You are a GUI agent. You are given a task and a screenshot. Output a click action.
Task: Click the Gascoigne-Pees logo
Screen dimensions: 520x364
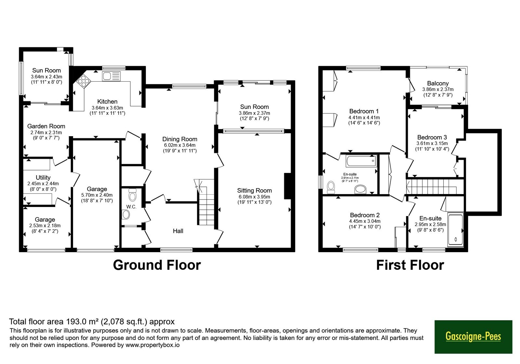coord(473,337)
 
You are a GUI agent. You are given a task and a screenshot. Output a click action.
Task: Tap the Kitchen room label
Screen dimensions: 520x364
coord(107,101)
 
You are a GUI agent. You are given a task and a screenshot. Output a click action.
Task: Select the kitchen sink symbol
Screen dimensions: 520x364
coord(111,76)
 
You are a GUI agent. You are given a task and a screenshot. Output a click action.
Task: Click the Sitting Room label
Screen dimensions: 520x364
coord(254,190)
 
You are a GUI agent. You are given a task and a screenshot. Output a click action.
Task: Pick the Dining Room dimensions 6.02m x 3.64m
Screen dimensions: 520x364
coord(180,145)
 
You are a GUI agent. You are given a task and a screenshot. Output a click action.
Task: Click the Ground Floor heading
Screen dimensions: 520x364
coord(157,265)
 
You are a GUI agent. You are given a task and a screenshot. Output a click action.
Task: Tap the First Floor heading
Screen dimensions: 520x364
coord(410,265)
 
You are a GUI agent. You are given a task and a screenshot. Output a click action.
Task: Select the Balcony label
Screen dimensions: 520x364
coord(438,83)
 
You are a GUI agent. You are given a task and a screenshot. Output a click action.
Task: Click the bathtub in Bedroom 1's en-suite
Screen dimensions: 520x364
coord(361,161)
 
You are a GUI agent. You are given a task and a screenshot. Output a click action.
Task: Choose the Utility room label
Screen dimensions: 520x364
coord(43,177)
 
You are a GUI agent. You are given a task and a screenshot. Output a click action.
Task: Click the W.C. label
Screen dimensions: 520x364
coord(131,207)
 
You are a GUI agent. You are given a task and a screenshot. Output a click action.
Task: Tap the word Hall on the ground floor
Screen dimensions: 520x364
coord(178,231)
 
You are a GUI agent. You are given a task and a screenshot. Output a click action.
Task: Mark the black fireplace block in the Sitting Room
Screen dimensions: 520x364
coord(288,186)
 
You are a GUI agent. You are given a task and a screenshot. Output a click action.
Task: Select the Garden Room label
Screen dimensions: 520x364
coord(46,126)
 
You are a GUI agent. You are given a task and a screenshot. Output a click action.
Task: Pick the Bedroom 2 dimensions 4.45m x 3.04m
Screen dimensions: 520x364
coord(365,221)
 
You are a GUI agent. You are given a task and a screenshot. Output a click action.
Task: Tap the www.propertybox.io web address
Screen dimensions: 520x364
coord(152,345)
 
